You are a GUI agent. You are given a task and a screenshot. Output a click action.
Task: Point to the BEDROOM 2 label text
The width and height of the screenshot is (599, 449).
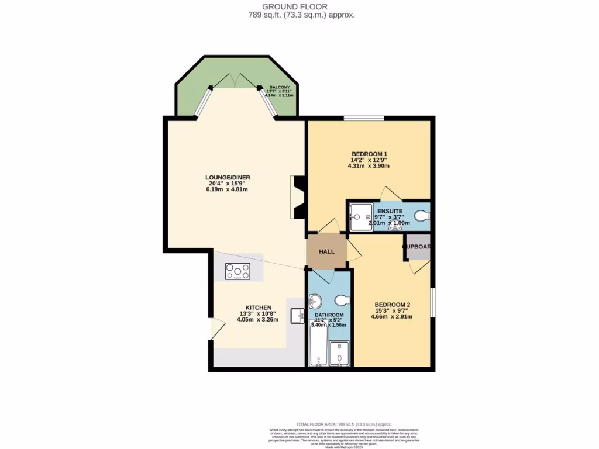coord(392,305)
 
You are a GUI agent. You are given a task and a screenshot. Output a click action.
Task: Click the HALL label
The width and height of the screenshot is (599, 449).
coord(326,251)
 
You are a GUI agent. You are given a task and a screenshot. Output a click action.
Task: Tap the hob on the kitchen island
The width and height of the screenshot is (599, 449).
coord(238,271)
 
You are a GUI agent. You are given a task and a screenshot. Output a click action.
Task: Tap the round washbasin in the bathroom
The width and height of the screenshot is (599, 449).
coord(315,302)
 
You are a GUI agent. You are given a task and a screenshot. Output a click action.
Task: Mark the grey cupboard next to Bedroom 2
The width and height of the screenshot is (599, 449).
coord(418,248)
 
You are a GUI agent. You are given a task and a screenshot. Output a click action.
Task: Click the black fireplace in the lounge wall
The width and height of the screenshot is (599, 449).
coord(298,198)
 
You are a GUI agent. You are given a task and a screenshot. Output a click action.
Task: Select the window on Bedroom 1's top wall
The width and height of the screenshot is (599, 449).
coord(363,118)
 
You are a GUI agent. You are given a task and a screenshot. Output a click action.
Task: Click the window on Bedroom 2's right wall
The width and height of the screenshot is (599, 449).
coord(433,303)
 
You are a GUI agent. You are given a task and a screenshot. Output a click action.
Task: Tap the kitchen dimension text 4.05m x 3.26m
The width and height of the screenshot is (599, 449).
coord(257,320)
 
